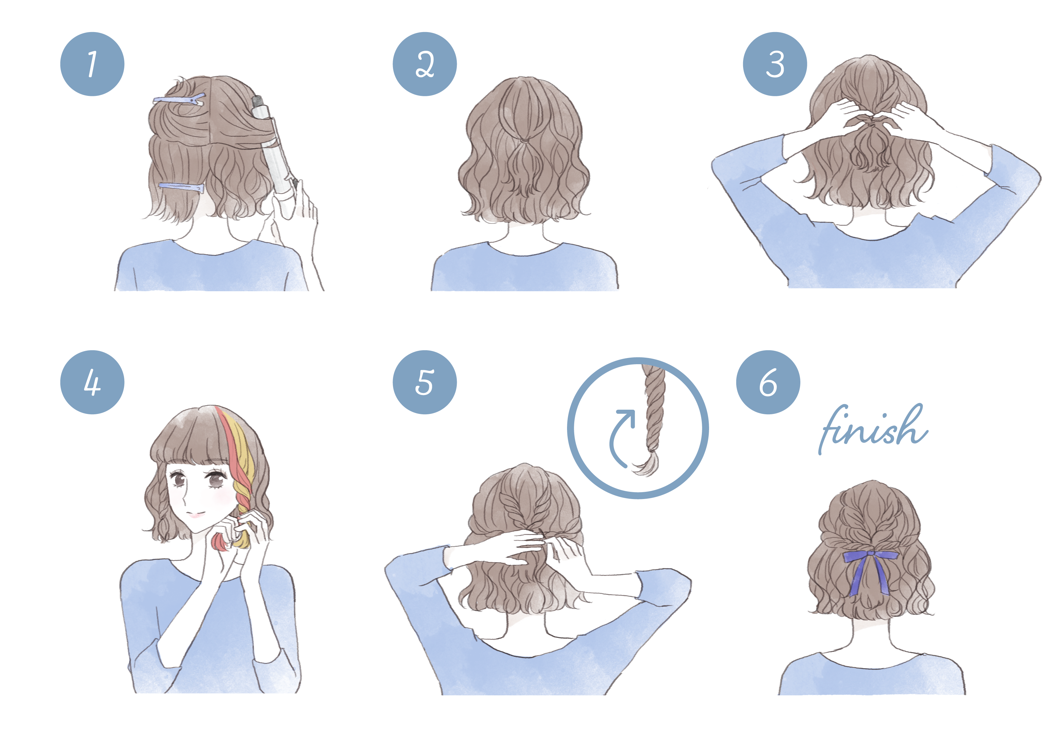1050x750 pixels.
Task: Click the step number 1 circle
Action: coord(92,64)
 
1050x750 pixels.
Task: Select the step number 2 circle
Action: coord(425,64)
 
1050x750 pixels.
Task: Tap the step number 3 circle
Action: coord(775,64)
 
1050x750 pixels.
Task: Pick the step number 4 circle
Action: coord(92,383)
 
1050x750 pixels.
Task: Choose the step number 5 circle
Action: coord(425,383)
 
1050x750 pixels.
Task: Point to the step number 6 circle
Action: coord(768,383)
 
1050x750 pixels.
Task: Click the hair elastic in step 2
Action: coord(523,140)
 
